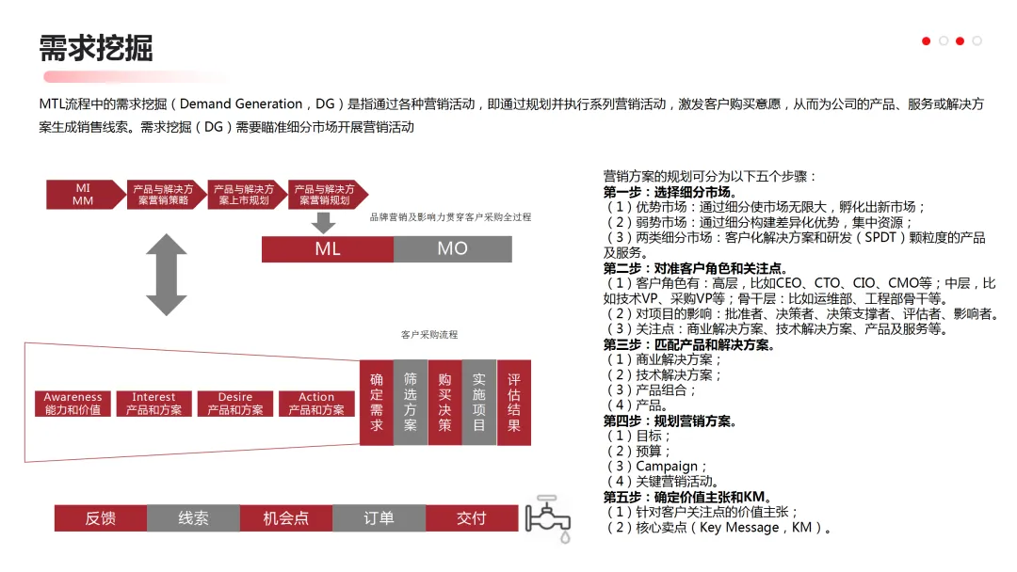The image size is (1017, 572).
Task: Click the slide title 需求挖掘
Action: tap(96, 47)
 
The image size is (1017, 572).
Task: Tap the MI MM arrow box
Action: tap(83, 195)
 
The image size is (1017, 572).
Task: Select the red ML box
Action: tap(328, 249)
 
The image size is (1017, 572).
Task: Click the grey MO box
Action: tap(452, 249)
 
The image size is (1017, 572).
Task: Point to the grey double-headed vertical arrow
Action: tap(167, 275)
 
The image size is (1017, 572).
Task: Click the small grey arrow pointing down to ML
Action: tap(324, 222)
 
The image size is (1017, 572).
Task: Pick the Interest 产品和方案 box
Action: tap(154, 404)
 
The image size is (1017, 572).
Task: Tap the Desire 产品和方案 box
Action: tap(235, 404)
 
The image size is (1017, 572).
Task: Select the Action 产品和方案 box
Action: tap(316, 404)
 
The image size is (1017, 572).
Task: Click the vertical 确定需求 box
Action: tap(376, 402)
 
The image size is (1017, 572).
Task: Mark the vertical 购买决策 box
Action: tap(444, 402)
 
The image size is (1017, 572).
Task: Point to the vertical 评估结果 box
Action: tap(513, 402)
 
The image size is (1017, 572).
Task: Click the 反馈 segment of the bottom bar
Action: tap(101, 518)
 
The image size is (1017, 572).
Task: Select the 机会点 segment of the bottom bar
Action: tap(286, 518)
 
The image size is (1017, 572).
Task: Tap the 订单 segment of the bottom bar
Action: tap(379, 518)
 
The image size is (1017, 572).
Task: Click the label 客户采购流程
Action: tap(428, 334)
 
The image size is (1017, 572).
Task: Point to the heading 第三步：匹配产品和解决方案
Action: tap(689, 345)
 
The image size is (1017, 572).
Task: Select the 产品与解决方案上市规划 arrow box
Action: tap(245, 195)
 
